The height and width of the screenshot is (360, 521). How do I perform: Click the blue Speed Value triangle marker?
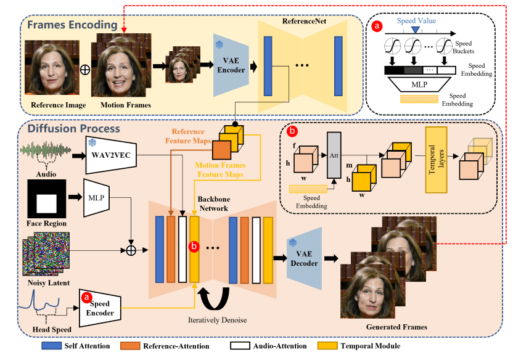(416, 30)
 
